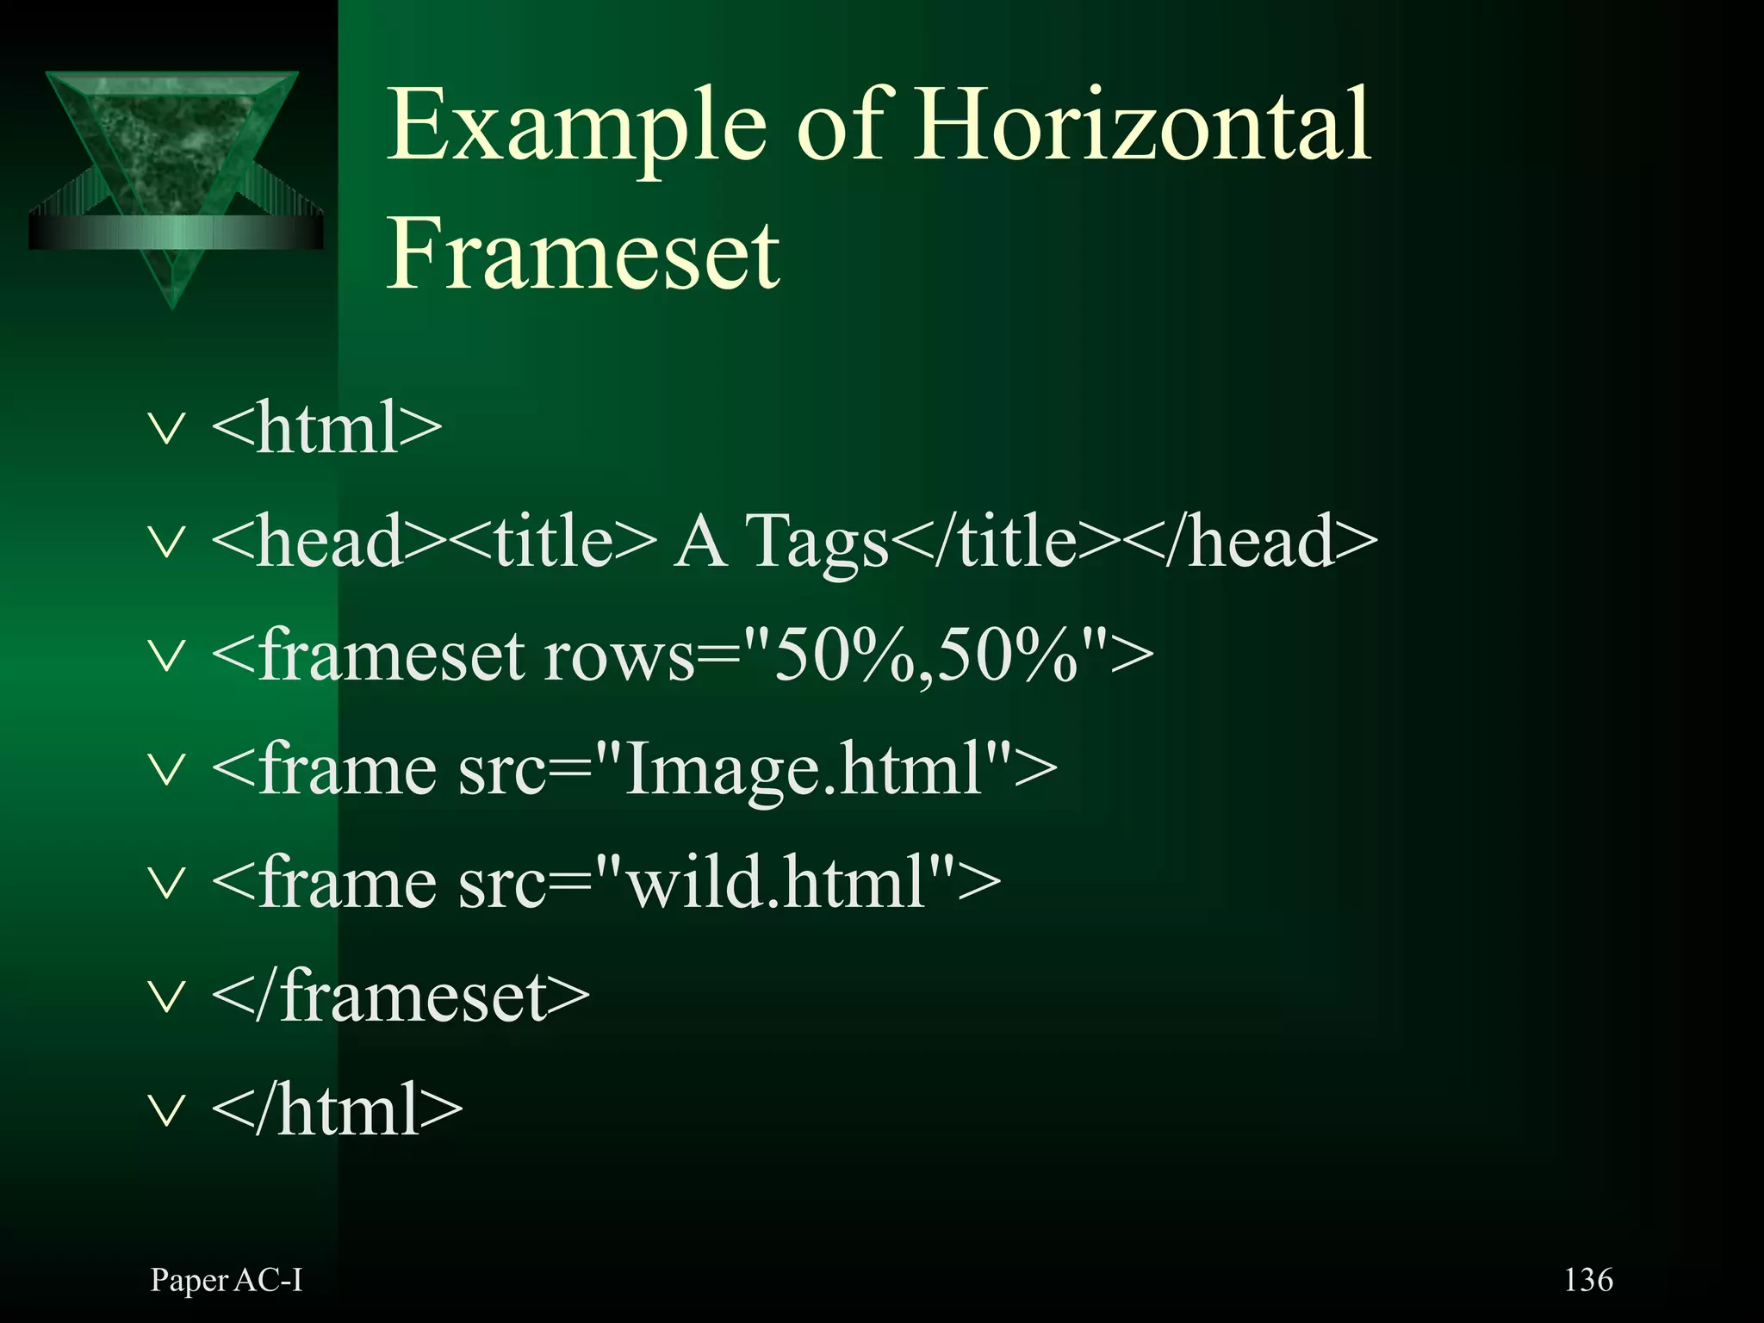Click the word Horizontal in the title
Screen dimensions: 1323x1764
pos(1140,126)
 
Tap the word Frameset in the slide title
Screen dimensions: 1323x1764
pos(583,255)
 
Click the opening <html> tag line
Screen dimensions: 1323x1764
pos(326,427)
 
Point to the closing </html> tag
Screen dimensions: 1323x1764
pos(337,1110)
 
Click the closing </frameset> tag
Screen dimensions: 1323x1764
pos(401,997)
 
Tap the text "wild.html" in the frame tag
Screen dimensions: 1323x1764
pos(774,883)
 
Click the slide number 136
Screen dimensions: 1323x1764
pos(1587,1280)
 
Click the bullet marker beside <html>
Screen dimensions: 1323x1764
pos(166,429)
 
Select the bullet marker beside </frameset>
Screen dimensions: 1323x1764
pos(166,997)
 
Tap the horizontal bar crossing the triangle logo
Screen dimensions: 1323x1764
pos(176,232)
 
